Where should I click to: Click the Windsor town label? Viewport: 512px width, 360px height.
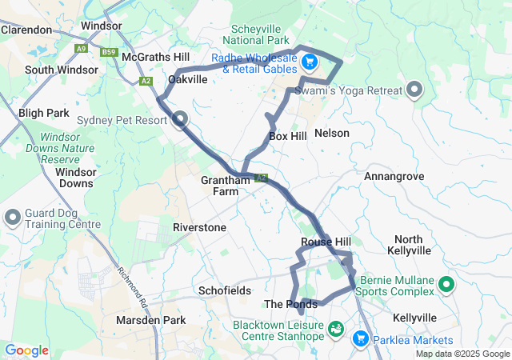click(x=102, y=26)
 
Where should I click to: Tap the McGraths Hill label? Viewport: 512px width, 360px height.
click(x=155, y=57)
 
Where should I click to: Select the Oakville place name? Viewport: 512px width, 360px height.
click(x=188, y=79)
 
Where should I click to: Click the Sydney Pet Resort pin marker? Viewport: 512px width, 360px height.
click(x=180, y=120)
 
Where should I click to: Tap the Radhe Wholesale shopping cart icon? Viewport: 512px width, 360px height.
click(x=310, y=62)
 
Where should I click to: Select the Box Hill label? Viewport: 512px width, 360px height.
click(x=287, y=136)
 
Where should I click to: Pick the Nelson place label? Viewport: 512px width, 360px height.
click(x=332, y=132)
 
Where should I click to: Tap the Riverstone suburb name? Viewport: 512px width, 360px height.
click(x=199, y=227)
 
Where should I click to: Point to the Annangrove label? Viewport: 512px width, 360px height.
click(x=393, y=175)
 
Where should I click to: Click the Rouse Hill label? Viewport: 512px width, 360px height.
click(x=326, y=242)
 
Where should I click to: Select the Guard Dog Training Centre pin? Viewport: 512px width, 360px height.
click(x=13, y=218)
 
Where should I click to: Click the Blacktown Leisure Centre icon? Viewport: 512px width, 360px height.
click(x=337, y=328)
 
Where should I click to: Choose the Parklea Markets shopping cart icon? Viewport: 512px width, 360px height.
click(x=360, y=339)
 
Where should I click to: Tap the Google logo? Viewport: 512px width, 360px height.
click(x=26, y=350)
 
